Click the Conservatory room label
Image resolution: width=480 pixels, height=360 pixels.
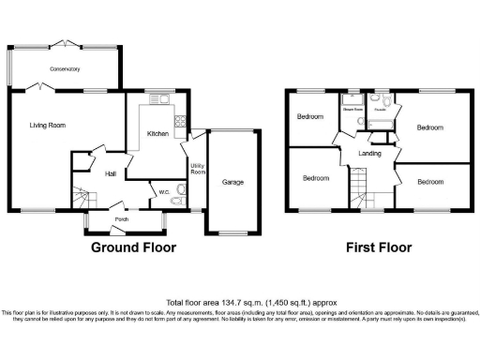point(66,69)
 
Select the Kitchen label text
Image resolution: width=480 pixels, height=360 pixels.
point(157,134)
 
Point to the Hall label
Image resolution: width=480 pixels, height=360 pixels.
point(110,174)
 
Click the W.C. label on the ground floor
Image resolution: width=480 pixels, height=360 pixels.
point(163,193)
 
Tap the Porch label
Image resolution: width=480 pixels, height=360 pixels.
point(122,222)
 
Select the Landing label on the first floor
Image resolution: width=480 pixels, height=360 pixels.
point(369,153)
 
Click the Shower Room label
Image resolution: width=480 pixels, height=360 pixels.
point(352,110)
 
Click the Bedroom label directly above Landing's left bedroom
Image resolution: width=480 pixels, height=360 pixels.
point(310,117)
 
